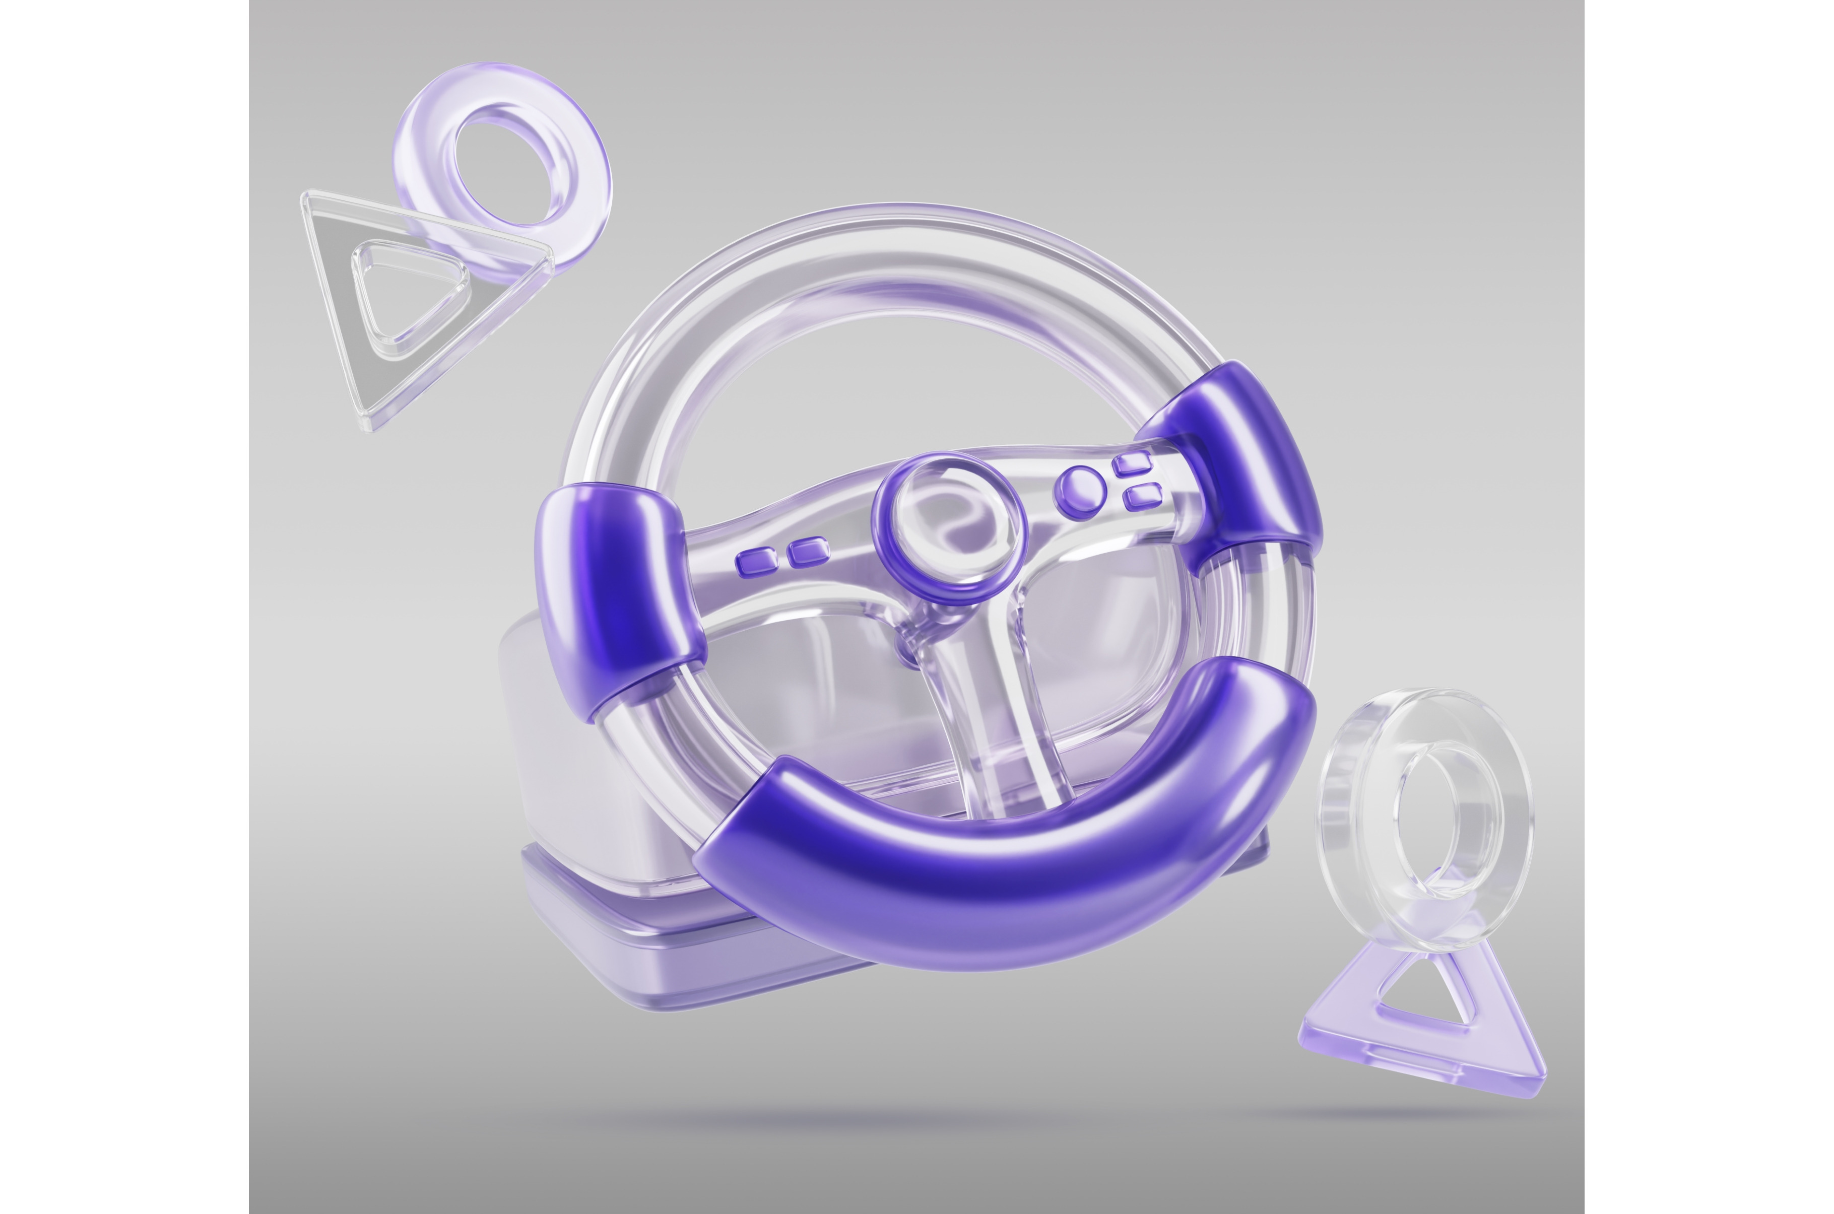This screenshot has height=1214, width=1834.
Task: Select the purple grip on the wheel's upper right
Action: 1238,457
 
